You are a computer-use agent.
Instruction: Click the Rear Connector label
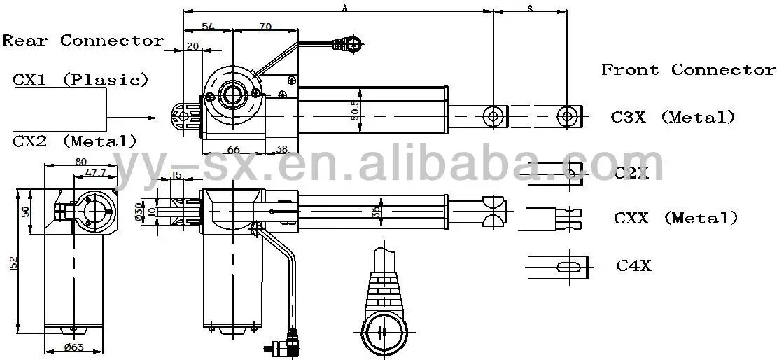pos(83,40)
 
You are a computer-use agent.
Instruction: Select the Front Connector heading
pos(688,69)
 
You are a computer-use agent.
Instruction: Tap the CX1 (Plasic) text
pos(81,79)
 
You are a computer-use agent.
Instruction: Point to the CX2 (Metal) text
pos(75,141)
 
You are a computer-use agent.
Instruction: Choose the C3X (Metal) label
pos(673,118)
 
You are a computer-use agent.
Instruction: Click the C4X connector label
pos(633,265)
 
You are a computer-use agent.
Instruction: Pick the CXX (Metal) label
pos(675,218)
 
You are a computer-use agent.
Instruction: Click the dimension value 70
pos(265,27)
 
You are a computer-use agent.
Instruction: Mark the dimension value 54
pos(208,27)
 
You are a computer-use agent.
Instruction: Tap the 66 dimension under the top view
pos(234,149)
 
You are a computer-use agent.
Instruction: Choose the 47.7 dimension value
pos(94,172)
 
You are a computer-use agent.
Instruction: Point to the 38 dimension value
pos(281,149)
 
